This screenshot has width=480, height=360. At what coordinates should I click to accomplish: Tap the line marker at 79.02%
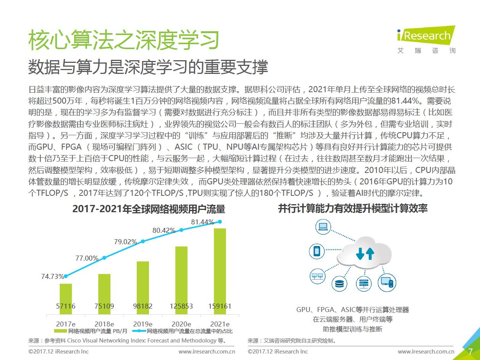[143, 241]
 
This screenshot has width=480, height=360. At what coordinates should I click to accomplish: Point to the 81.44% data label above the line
[202, 222]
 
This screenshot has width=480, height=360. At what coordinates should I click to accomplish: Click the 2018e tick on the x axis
[104, 324]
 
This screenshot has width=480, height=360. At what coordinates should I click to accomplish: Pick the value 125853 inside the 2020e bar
[181, 306]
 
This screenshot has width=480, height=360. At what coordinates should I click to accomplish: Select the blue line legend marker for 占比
[139, 331]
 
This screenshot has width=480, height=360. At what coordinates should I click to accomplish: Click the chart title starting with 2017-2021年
[149, 209]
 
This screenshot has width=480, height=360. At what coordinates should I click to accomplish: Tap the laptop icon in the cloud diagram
[323, 227]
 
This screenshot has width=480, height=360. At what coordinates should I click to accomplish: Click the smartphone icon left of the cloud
[316, 251]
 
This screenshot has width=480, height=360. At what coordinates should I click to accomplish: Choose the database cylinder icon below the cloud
[339, 283]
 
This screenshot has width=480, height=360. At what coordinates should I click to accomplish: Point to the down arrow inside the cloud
[360, 254]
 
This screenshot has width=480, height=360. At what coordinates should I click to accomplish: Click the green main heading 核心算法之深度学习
[124, 40]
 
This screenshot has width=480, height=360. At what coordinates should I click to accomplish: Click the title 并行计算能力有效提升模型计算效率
[353, 208]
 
